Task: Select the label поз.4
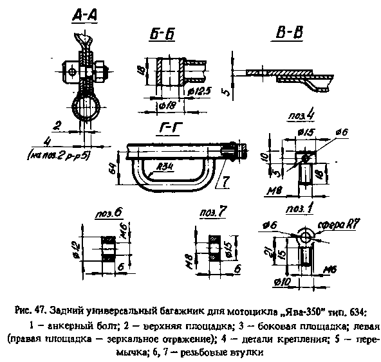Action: [x=299, y=117]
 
